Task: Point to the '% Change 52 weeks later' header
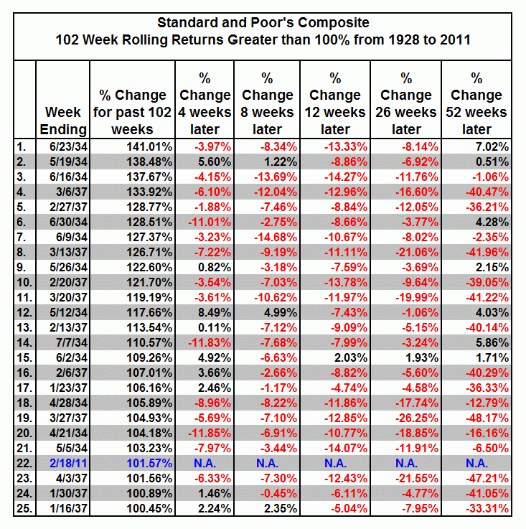point(476,103)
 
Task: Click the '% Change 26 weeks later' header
point(407,103)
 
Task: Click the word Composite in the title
point(333,24)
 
